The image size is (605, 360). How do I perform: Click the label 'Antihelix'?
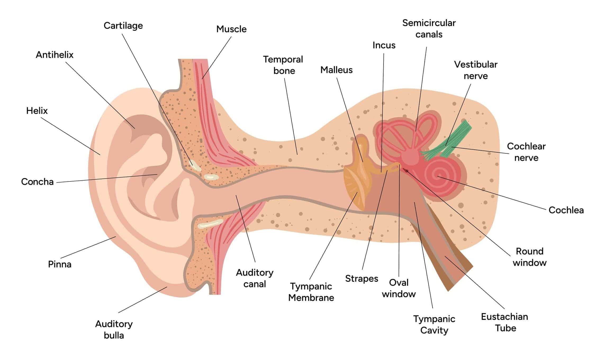55,55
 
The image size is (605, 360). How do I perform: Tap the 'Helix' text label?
37,111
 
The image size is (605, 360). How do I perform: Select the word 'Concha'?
37,182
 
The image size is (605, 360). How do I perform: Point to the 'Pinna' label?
60,264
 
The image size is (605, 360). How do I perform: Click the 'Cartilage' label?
123,26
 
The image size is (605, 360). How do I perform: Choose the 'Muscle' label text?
231,29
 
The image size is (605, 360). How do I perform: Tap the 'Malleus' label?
336,70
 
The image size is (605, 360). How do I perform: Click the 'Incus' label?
384,45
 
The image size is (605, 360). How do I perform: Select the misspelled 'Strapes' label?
362,279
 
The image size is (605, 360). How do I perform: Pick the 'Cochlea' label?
566,210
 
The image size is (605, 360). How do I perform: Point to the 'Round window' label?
529,257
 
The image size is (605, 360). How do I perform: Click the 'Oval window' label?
399,288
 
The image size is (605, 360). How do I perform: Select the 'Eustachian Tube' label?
504,322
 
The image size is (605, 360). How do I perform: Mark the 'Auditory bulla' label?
114,330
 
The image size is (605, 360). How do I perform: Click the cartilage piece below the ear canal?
210,224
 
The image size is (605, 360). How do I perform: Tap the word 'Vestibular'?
476,65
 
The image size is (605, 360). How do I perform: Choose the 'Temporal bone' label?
283,65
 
